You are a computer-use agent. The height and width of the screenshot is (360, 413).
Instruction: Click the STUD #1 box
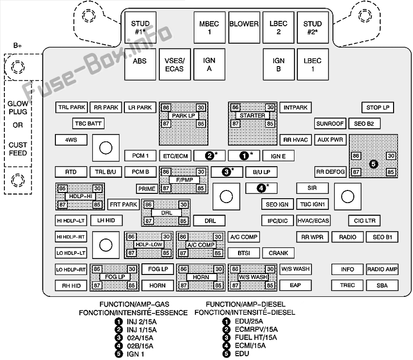[x=140, y=27]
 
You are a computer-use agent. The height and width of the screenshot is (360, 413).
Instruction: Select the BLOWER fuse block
[x=244, y=27]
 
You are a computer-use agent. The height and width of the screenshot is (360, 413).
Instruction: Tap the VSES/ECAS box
[x=174, y=64]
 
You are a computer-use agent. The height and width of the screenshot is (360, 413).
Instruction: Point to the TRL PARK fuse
[x=71, y=107]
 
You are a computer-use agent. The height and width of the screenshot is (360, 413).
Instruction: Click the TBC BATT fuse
[x=88, y=123]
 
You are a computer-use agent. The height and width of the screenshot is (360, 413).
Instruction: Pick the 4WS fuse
[x=71, y=140]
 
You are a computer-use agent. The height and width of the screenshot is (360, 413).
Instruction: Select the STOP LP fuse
[x=378, y=107]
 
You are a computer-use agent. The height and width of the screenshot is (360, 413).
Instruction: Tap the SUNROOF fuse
[x=330, y=123]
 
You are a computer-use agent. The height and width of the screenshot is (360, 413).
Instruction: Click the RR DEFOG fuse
[x=330, y=172]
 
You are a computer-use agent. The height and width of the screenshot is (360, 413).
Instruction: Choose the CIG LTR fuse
[x=364, y=221]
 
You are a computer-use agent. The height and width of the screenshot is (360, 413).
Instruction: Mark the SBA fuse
[x=382, y=286]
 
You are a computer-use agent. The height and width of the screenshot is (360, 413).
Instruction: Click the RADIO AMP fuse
[x=382, y=269]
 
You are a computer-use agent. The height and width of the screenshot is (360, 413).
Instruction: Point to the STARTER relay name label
[x=252, y=115]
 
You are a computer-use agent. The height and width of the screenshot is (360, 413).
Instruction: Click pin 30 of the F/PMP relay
[x=201, y=172]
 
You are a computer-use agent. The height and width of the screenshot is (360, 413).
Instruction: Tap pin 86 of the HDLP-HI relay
[x=62, y=189]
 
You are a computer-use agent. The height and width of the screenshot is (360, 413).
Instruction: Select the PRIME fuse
[x=147, y=189]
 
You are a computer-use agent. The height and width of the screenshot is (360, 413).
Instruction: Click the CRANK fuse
[x=278, y=253]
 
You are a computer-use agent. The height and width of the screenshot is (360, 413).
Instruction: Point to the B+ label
[x=17, y=46]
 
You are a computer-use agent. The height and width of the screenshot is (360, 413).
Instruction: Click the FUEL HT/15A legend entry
[x=256, y=338]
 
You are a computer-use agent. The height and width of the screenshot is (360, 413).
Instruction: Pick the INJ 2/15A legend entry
[x=142, y=322]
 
